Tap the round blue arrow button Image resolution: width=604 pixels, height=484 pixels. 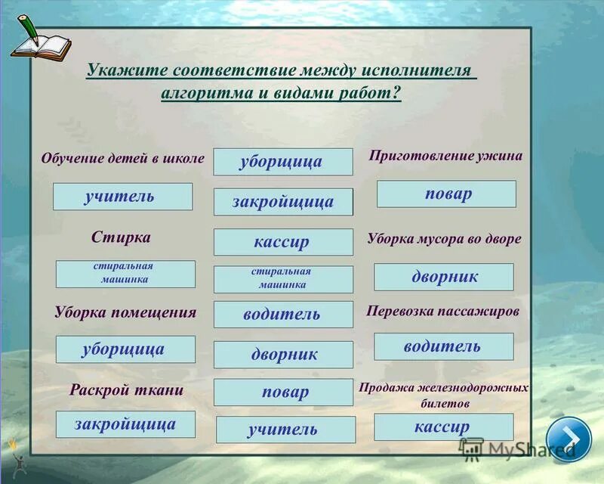pos(569,438)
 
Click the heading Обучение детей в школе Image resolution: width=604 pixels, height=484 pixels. pos(123,159)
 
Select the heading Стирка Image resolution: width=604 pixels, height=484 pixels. pos(121,237)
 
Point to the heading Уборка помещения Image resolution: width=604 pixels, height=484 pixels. pos(125,312)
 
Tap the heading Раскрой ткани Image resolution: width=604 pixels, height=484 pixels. pos(127,389)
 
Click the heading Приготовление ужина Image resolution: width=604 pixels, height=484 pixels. pos(445,156)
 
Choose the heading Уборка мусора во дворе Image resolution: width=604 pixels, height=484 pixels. pos(444,239)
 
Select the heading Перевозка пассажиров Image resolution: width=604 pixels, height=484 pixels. pos(443,311)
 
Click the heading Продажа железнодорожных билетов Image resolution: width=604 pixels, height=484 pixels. pos(443,396)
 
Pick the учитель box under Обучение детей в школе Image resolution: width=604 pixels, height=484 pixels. pos(122,197)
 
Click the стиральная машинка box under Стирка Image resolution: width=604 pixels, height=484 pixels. pos(125,274)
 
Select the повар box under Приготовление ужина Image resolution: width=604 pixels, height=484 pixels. pos(446,194)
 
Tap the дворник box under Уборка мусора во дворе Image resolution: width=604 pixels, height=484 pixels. pos(444,277)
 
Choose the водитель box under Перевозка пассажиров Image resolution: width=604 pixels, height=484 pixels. pos(443,346)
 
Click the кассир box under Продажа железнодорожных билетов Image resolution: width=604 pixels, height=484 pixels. pos(443,427)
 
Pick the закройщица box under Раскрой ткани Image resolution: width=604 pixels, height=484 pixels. pos(125,424)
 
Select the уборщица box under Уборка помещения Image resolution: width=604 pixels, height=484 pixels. pos(125,349)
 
